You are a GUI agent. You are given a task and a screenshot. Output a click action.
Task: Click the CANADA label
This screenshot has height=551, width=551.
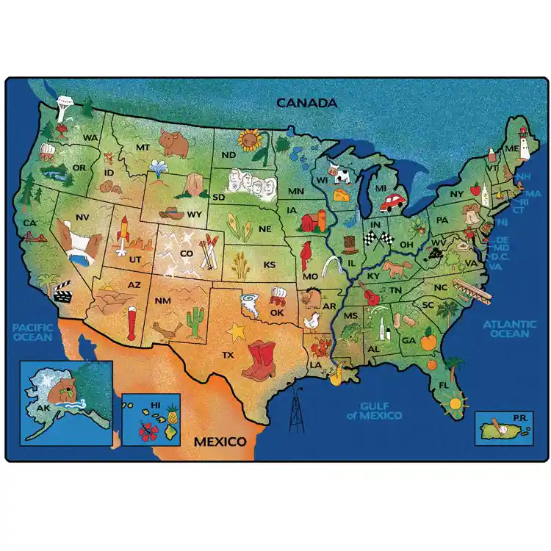tap(306, 103)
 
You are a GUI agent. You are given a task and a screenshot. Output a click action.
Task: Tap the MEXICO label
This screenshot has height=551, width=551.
tap(219, 442)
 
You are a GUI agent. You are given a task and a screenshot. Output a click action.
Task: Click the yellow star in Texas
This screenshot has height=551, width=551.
tap(236, 332)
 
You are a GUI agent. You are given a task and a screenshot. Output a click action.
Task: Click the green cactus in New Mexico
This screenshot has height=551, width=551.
tap(195, 321)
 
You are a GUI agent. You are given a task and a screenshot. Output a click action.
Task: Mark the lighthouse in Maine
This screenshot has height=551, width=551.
tap(525, 141)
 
